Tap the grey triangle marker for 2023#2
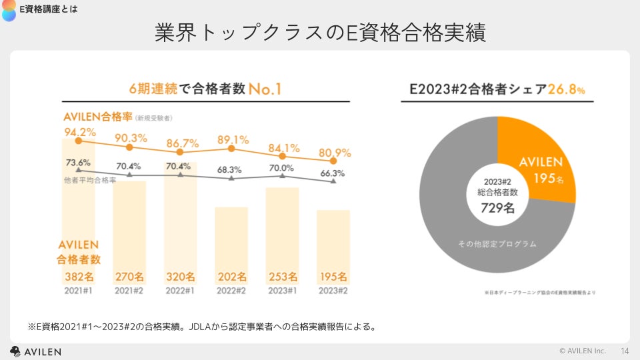333,182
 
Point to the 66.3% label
333,173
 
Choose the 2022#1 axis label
181,291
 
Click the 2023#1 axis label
283,291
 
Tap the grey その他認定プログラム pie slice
467,220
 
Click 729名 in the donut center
498,207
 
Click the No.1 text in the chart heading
265,89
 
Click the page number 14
625,351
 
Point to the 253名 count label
283,277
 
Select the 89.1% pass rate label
233,140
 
